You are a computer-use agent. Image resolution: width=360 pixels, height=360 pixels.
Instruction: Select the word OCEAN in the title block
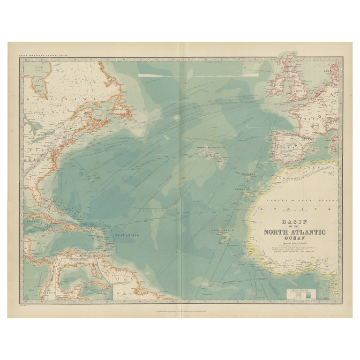294,238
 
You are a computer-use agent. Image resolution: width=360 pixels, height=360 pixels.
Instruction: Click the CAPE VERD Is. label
221,231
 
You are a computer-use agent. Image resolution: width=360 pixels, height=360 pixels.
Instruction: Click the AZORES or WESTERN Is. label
211,148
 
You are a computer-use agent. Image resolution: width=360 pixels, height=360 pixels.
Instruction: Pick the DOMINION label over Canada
61,99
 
